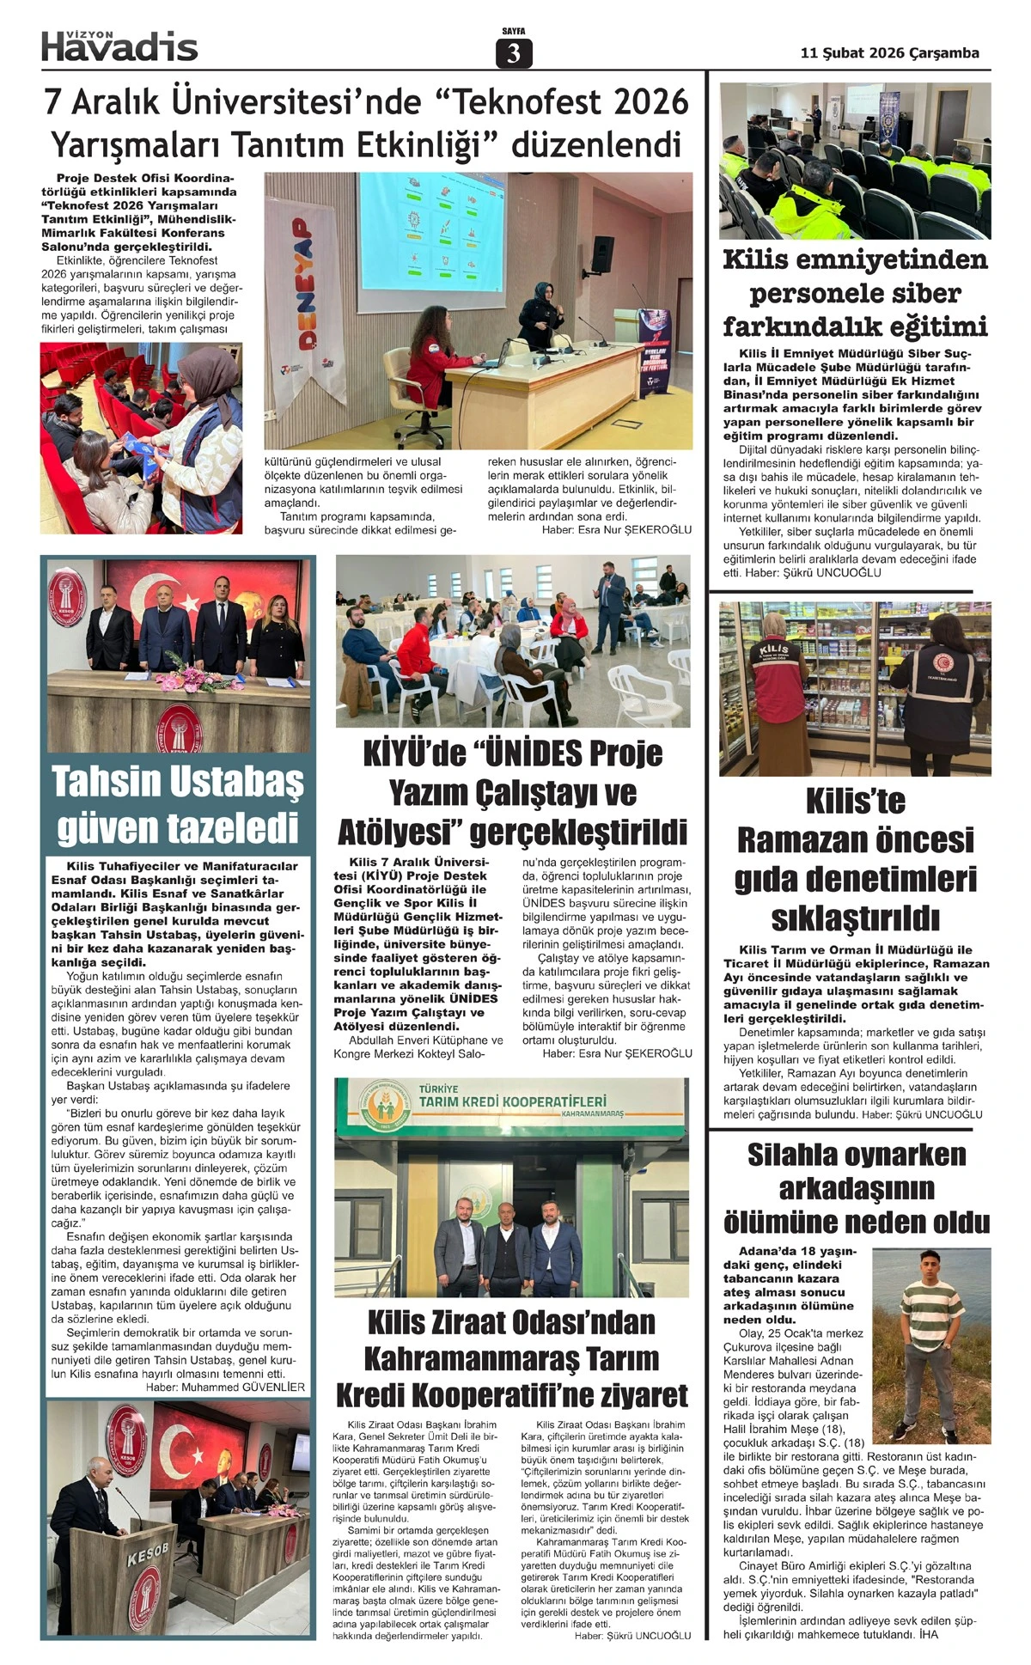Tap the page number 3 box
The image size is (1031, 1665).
pyautogui.click(x=514, y=53)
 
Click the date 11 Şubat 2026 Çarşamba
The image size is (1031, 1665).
pyautogui.click(x=889, y=53)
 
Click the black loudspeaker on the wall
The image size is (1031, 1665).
pyautogui.click(x=602, y=252)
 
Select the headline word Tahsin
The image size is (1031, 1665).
pyautogui.click(x=107, y=782)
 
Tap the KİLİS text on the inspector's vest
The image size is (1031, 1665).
pyautogui.click(x=772, y=650)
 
